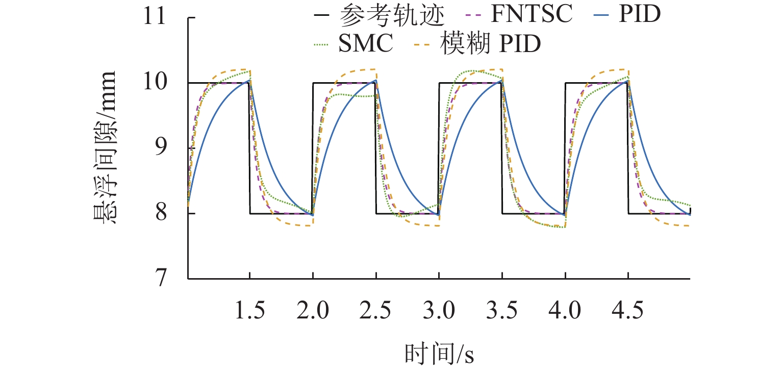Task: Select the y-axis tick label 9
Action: [x=159, y=148]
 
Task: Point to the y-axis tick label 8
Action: [x=159, y=213]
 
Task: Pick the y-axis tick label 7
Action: [x=159, y=279]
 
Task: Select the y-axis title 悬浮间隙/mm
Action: [x=106, y=148]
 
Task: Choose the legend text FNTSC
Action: [x=531, y=16]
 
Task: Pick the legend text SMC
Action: [x=366, y=44]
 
